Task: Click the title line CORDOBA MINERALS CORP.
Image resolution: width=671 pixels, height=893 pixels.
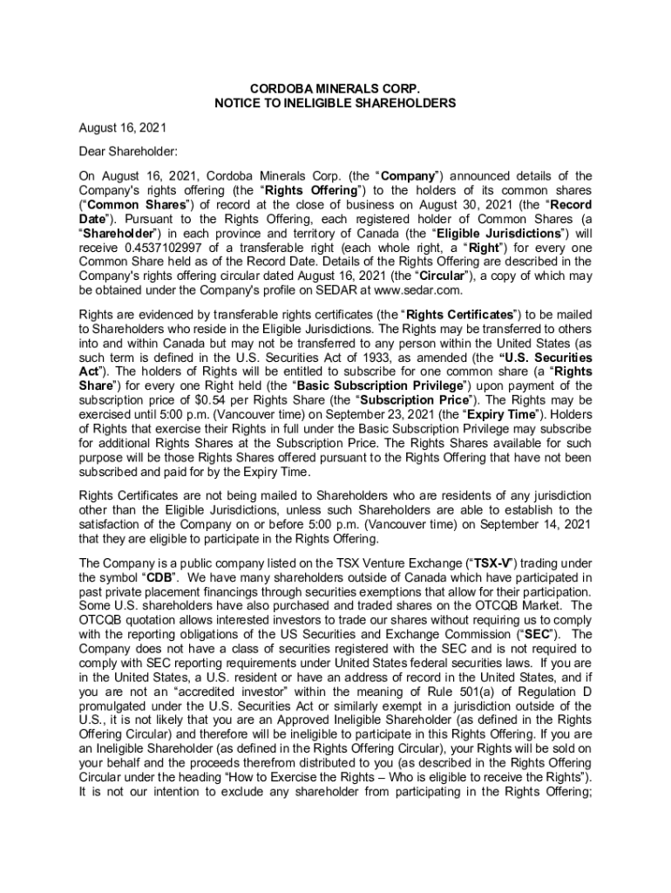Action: [335, 89]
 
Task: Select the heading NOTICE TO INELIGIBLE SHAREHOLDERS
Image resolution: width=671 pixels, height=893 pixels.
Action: [335, 104]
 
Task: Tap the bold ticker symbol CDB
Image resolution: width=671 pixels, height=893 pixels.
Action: [158, 577]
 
